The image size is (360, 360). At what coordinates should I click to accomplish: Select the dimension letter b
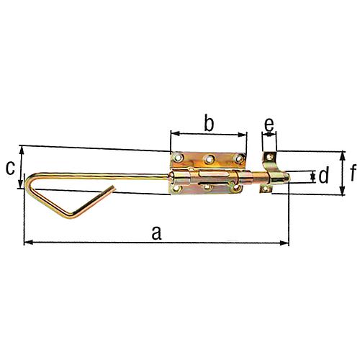(208, 123)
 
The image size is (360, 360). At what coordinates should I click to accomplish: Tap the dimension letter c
(10, 168)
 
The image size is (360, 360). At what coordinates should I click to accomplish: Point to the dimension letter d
(324, 176)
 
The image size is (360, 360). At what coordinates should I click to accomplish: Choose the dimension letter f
(353, 172)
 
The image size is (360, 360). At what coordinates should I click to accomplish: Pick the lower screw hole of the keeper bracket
(267, 189)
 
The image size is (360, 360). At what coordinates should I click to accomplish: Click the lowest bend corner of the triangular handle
(71, 219)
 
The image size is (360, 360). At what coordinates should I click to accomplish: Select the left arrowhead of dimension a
(27, 243)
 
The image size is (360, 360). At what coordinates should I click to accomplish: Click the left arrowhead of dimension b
(173, 133)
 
